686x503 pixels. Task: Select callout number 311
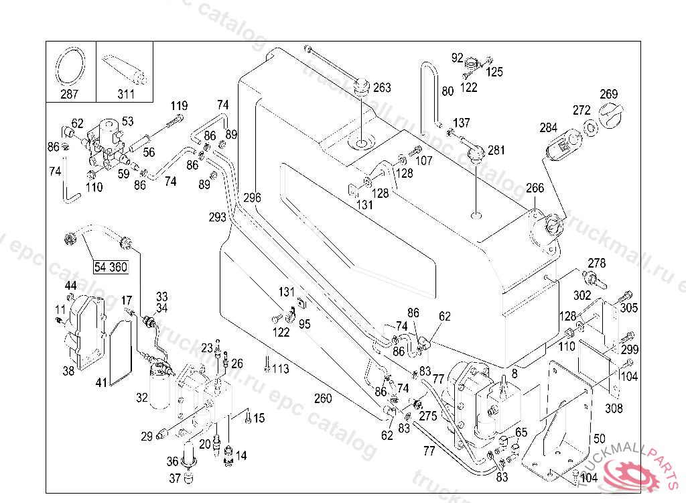pyautogui.click(x=126, y=94)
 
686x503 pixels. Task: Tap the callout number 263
pyautogui.click(x=382, y=88)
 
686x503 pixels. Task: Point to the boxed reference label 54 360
pyautogui.click(x=111, y=267)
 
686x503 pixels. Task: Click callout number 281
pyautogui.click(x=496, y=150)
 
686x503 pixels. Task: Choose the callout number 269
pyautogui.click(x=608, y=95)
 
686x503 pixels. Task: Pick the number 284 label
pyautogui.click(x=548, y=127)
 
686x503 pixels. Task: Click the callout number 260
pyautogui.click(x=323, y=399)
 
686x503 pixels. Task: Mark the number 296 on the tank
pyautogui.click(x=252, y=198)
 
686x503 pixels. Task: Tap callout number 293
pyautogui.click(x=218, y=217)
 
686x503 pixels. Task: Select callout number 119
pyautogui.click(x=179, y=106)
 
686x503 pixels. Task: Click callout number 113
pyautogui.click(x=281, y=368)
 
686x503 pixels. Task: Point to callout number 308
pyautogui.click(x=614, y=408)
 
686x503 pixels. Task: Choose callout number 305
pyautogui.click(x=629, y=308)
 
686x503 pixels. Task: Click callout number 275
pyautogui.click(x=427, y=416)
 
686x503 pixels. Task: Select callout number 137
pyautogui.click(x=462, y=123)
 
